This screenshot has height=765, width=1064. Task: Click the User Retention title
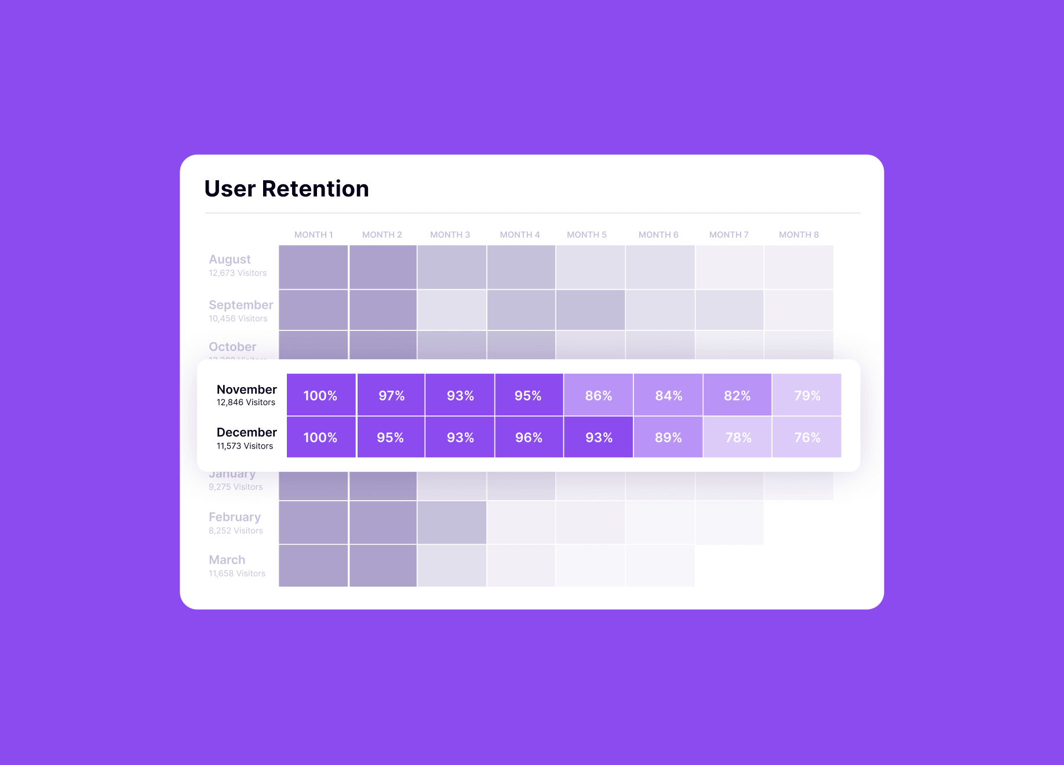(286, 189)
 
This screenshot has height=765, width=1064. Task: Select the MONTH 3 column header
(450, 235)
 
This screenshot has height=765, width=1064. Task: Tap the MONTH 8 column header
(799, 235)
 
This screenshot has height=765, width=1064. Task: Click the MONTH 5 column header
(586, 235)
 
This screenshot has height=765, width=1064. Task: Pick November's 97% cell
(391, 395)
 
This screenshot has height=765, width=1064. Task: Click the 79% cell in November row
(807, 395)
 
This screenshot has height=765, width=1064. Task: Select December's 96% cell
(529, 438)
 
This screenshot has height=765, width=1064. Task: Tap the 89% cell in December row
(668, 438)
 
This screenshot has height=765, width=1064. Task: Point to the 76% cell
(807, 438)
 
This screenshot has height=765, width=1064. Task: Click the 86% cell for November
(598, 395)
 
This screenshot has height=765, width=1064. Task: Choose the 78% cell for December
(738, 438)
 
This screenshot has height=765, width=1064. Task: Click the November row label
(246, 389)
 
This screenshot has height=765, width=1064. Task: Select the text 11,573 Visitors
(245, 446)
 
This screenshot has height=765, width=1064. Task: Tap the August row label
(229, 260)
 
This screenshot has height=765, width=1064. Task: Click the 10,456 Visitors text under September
(238, 319)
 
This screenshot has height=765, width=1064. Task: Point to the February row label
(234, 517)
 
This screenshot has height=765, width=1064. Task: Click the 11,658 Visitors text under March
(237, 574)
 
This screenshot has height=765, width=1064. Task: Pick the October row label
(232, 347)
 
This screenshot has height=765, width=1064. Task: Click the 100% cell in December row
(320, 438)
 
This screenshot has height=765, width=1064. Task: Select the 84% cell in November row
(668, 395)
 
